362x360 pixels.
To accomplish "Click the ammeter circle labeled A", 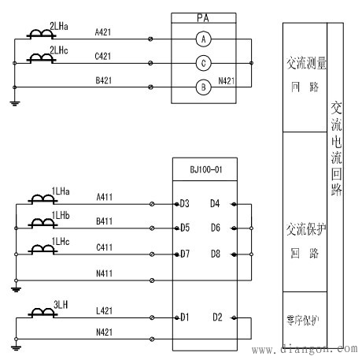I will [x=203, y=38].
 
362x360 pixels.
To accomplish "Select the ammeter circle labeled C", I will [x=203, y=63].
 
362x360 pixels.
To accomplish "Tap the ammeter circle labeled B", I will [x=203, y=87].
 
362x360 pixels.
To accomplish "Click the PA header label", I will [x=203, y=17].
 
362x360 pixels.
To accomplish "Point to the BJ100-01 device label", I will [x=203, y=169].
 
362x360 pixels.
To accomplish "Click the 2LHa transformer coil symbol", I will [x=38, y=35].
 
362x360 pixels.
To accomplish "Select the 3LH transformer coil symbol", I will [x=38, y=314].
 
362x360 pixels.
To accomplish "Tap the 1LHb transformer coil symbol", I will [x=38, y=223].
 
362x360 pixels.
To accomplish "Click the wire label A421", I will [x=104, y=32].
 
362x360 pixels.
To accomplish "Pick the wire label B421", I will [x=104, y=81].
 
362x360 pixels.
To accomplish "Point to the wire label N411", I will [x=104, y=273].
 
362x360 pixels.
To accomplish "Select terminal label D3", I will [x=185, y=204].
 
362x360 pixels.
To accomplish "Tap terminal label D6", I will [x=215, y=228].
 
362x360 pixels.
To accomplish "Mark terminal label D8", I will [x=215, y=254].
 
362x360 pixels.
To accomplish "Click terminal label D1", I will [x=185, y=317].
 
